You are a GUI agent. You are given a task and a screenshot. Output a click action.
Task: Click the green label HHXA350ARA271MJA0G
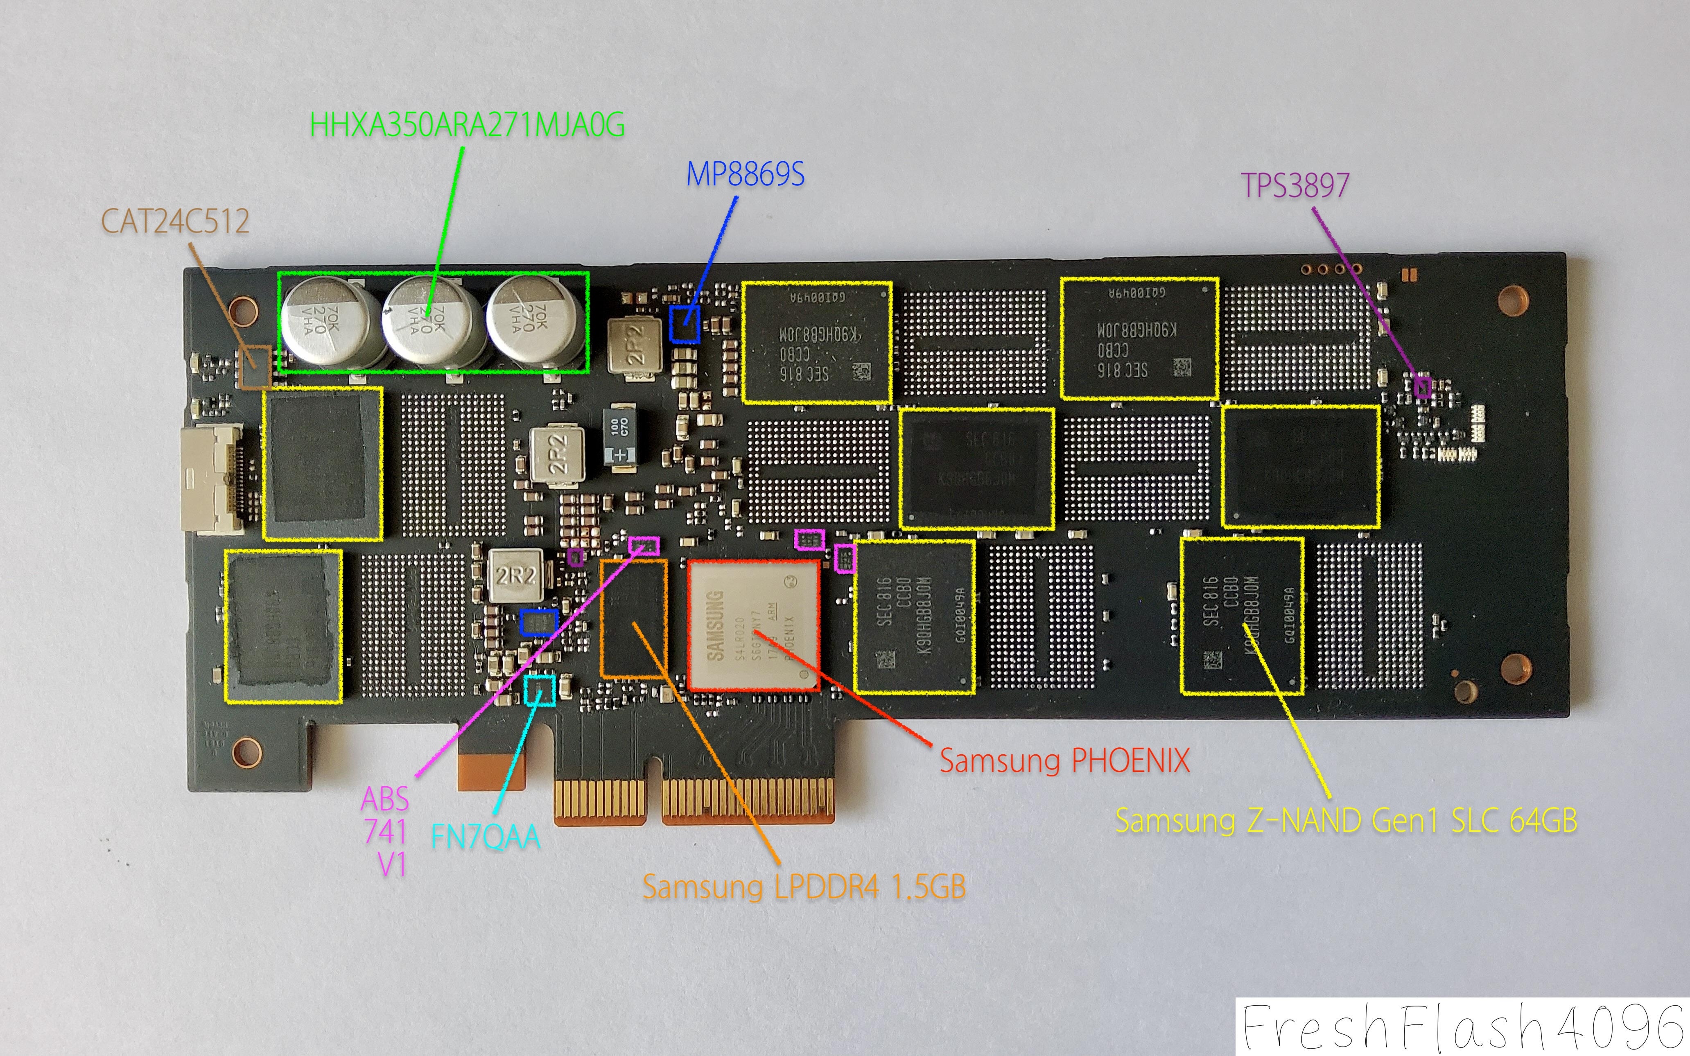(x=466, y=126)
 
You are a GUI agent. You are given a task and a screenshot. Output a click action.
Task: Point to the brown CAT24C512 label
(x=175, y=222)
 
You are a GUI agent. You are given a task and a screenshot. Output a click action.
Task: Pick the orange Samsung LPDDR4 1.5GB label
(x=804, y=887)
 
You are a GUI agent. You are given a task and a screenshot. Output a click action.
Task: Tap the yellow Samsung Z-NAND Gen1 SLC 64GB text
(x=1346, y=821)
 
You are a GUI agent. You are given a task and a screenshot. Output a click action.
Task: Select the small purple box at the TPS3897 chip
(x=1423, y=386)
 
